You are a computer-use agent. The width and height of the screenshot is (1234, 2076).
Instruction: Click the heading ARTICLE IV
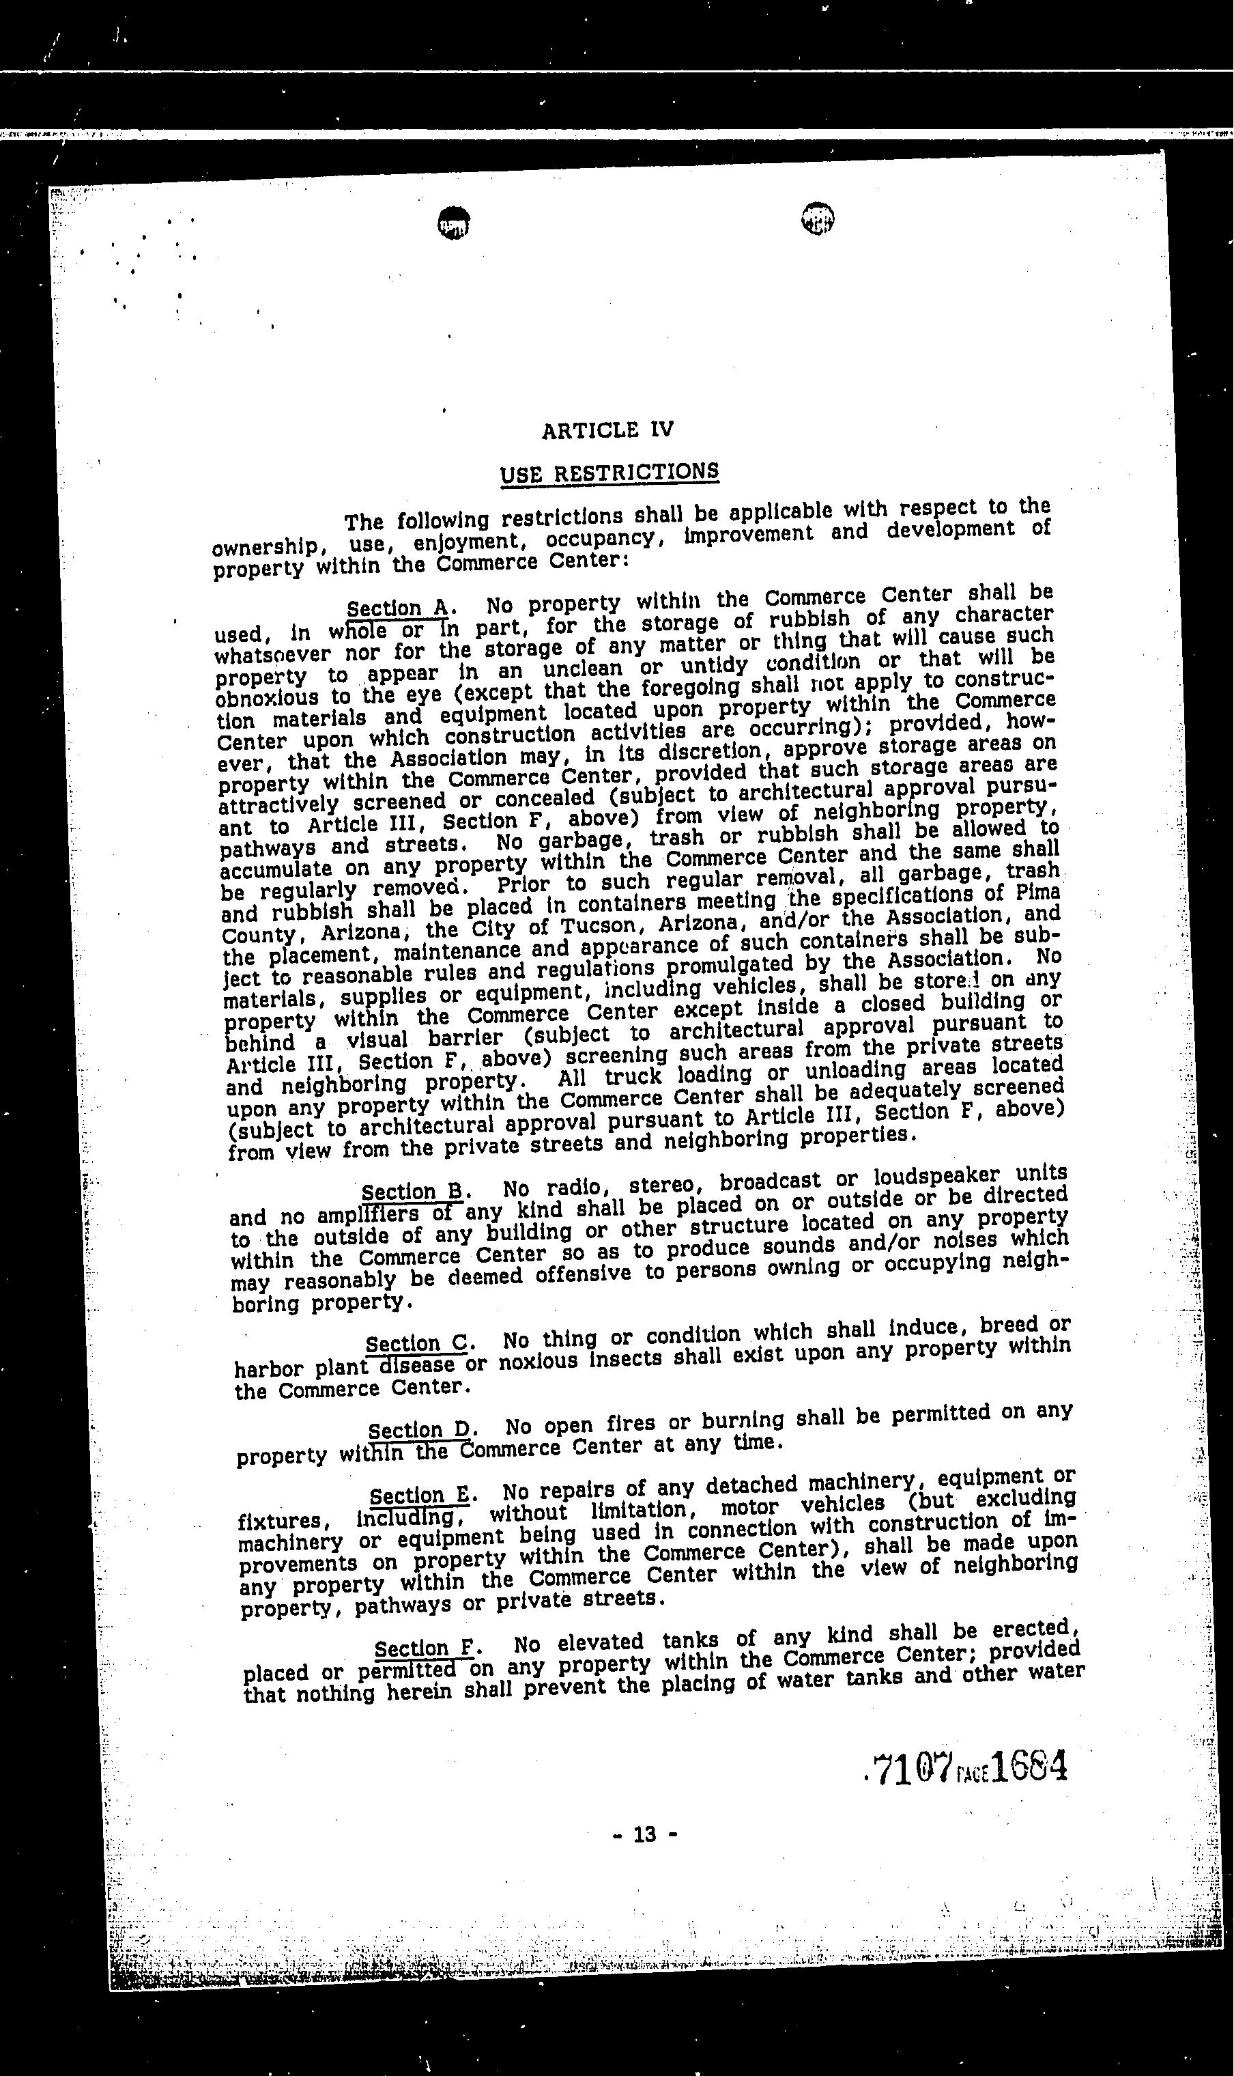click(x=607, y=430)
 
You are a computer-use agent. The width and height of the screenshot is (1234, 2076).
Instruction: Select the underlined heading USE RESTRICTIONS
click(x=609, y=473)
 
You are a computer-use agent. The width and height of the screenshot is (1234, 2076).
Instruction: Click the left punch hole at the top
click(x=453, y=222)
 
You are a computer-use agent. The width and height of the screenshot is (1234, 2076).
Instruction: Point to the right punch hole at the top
click(x=818, y=218)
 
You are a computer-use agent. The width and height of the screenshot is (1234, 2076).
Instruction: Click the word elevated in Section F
click(x=601, y=1642)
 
